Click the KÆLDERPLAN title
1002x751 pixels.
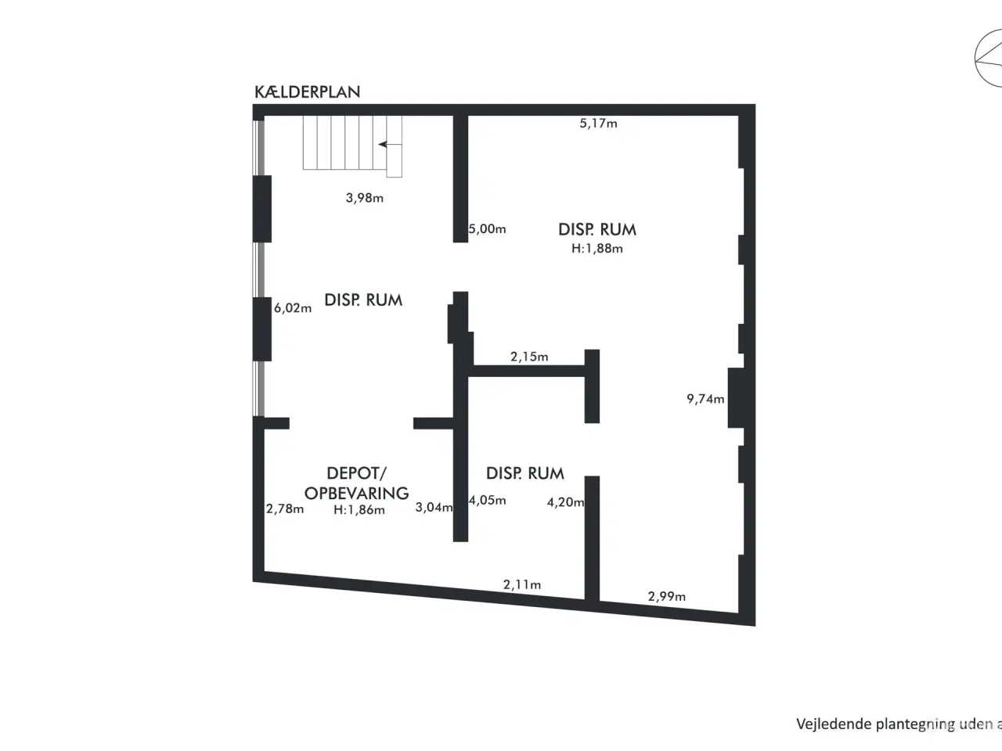(x=307, y=92)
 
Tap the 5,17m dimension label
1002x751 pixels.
(x=598, y=123)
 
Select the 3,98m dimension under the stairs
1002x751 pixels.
(x=365, y=198)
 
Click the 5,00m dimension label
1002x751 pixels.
(x=488, y=229)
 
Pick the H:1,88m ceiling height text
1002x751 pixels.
(x=597, y=249)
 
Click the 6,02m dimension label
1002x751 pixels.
(x=293, y=308)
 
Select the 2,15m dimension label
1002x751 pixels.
(x=529, y=357)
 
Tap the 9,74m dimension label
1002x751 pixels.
(x=705, y=399)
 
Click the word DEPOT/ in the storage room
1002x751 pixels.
(x=356, y=473)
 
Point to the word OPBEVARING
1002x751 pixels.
(x=356, y=493)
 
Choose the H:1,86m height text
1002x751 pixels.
(x=359, y=510)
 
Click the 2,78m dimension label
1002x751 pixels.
(x=285, y=508)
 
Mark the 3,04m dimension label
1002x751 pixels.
(x=434, y=507)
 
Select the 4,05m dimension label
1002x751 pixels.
(x=488, y=501)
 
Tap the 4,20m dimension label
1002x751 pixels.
(x=565, y=502)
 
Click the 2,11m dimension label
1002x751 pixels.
(x=522, y=584)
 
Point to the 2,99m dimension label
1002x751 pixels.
(x=666, y=596)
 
